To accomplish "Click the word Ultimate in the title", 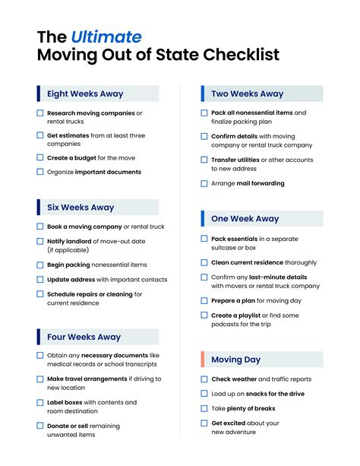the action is pyautogui.click(x=106, y=36).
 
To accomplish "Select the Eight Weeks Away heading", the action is pyautogui.click(x=85, y=94).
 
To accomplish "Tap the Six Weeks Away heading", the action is pyautogui.click(x=80, y=207).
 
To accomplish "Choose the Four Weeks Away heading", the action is pyautogui.click(x=84, y=337).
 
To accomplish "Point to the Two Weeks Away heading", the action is pyautogui.click(x=248, y=94).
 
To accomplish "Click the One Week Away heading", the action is pyautogui.click(x=245, y=219).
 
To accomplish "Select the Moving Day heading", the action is pyautogui.click(x=235, y=360).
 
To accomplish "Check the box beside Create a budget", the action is pyautogui.click(x=40, y=157).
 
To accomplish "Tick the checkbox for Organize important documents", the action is pyautogui.click(x=40, y=172).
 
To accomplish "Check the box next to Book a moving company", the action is pyautogui.click(x=40, y=227).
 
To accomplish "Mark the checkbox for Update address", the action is pyautogui.click(x=40, y=280).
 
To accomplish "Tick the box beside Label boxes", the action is pyautogui.click(x=40, y=402).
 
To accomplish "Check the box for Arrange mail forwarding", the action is pyautogui.click(x=204, y=183).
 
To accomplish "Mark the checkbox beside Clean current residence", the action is pyautogui.click(x=204, y=262).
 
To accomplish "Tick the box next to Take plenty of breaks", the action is pyautogui.click(x=204, y=408).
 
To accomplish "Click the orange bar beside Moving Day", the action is pyautogui.click(x=203, y=360).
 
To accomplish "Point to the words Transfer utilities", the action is pyautogui.click(x=234, y=160).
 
